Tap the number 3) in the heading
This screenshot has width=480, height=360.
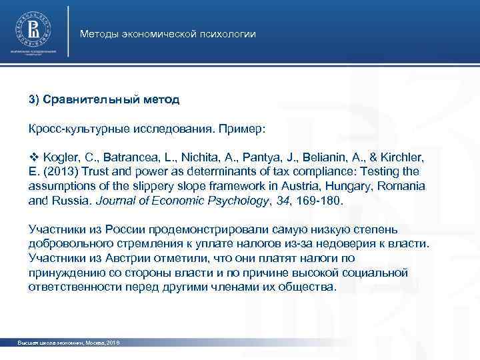tap(34, 99)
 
